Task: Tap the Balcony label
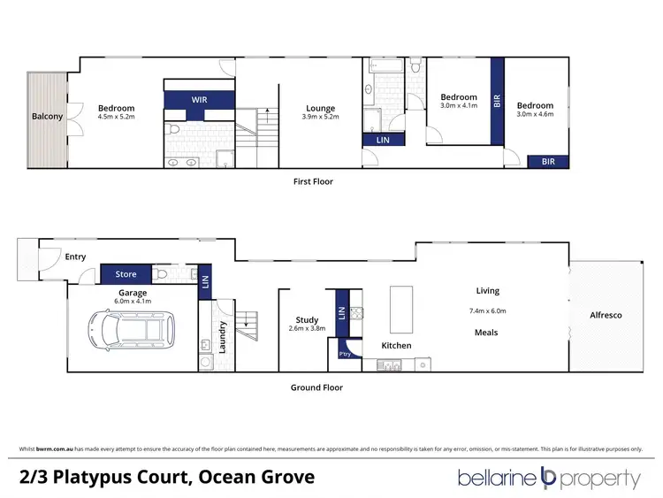(x=47, y=117)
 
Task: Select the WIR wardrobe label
(x=199, y=101)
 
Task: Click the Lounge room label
(x=320, y=109)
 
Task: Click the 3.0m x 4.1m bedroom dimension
(x=459, y=105)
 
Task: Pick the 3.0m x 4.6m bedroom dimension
(x=535, y=113)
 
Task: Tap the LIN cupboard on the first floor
(x=382, y=140)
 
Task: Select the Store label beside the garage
(x=126, y=274)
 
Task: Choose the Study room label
(x=307, y=320)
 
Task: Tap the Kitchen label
(x=396, y=345)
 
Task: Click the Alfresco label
(x=606, y=315)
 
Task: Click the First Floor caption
(x=313, y=181)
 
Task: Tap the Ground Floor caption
(x=316, y=387)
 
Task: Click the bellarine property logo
(x=548, y=479)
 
